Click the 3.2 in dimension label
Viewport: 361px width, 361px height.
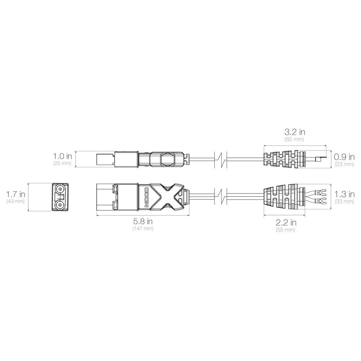point(295,132)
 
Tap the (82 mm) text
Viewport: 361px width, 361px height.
point(294,139)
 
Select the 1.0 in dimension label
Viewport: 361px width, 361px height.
point(62,156)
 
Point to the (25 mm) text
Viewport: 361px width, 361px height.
point(62,163)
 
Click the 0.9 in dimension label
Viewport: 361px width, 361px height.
point(344,157)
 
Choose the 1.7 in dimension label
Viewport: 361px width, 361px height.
point(16,194)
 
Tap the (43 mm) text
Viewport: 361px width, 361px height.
point(15,201)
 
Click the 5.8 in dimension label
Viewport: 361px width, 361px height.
point(143,222)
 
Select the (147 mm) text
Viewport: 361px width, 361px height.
point(143,229)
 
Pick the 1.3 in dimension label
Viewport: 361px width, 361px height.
point(344,194)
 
